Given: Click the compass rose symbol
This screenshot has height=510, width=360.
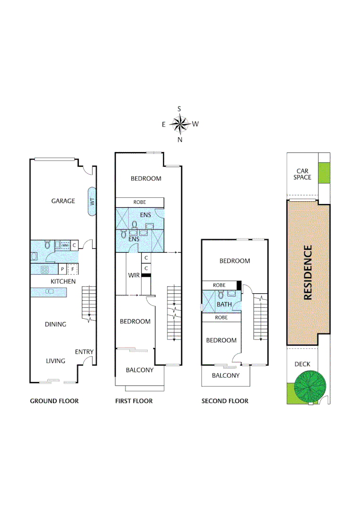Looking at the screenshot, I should coord(179,125).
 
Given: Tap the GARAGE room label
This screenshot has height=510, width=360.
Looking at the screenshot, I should coord(63,201).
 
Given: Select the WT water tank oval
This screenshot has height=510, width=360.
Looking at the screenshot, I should coord(92,201).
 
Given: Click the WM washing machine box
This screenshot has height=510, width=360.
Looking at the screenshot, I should coord(65,245).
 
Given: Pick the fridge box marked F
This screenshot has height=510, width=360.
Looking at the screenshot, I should coord(73,270).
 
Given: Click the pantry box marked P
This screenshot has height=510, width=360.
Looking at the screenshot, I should coord(62,270).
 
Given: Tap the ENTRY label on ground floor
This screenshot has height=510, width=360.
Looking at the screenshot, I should coord(84,352).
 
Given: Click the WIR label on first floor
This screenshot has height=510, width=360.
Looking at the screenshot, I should coord(134,275).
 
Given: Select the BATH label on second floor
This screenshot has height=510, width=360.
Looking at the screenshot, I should coord(224,304).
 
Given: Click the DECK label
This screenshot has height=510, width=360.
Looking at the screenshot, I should coord(302,364).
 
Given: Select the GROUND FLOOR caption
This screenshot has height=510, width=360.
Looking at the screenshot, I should coord(54,401).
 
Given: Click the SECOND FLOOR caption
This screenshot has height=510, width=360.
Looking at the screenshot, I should coord(225,401).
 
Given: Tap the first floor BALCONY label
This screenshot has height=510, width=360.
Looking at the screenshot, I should coord(140,370).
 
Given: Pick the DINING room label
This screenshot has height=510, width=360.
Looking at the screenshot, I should coord(55,324).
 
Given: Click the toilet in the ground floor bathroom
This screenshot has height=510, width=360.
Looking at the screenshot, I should coord(47,245).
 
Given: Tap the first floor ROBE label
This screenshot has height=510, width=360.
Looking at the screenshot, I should coord(140,202).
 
